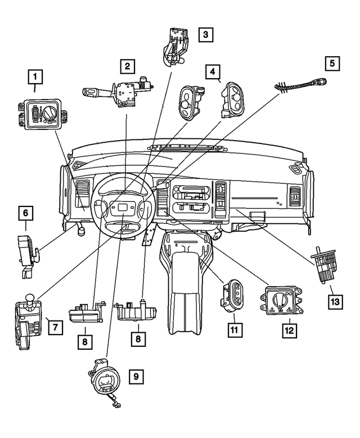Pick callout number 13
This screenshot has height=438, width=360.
pos(335,302)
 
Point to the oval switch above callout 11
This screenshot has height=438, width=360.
pos(233,294)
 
